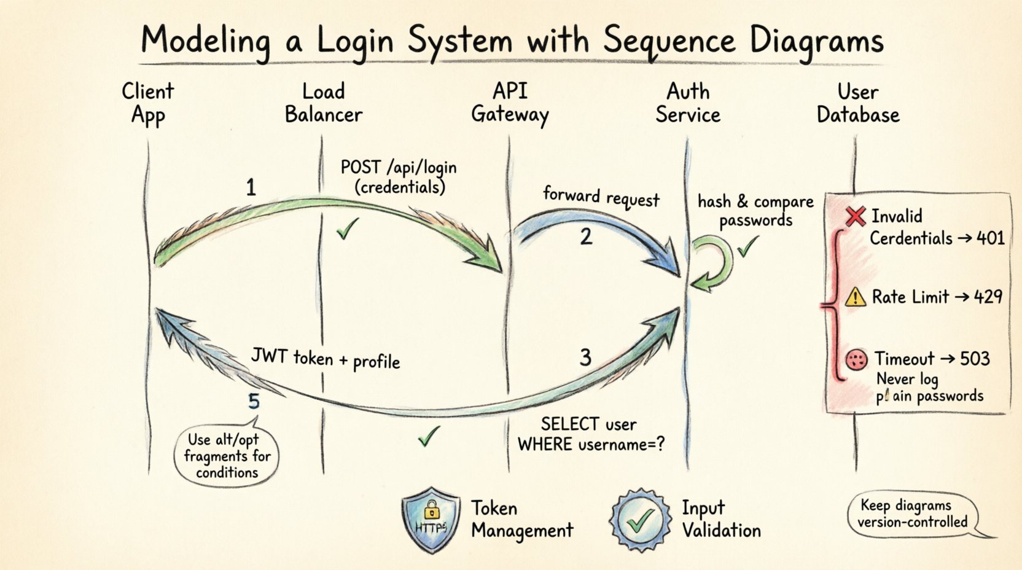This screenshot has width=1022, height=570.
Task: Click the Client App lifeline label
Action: tap(147, 103)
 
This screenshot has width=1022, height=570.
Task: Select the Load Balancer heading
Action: tap(323, 103)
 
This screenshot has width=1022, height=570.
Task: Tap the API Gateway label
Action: tap(509, 103)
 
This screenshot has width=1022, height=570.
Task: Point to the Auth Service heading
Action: tap(687, 103)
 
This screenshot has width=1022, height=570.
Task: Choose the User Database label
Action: tap(857, 103)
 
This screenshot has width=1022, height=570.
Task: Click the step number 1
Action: tap(251, 187)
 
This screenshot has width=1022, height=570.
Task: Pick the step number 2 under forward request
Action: tap(586, 236)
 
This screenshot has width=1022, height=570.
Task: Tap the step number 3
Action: tap(585, 357)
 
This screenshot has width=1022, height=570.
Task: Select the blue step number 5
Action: tap(254, 402)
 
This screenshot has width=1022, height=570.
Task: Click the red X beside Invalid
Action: tap(855, 216)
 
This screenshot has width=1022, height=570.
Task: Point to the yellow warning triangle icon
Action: tap(855, 297)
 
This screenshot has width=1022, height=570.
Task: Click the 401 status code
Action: tap(990, 238)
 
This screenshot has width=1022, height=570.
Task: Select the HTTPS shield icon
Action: tap(431, 520)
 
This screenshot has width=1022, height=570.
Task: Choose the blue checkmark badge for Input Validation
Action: tap(640, 520)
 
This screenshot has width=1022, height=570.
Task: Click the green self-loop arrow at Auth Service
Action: tap(712, 263)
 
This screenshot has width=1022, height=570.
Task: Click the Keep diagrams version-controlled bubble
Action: tap(913, 514)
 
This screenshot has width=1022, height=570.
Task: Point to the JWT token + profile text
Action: tap(326, 359)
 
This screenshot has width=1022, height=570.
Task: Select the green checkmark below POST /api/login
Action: tap(347, 230)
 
